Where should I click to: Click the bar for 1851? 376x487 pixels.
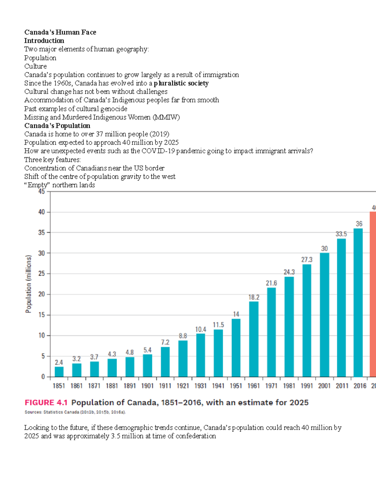point(59,372)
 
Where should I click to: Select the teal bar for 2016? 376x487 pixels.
point(358,303)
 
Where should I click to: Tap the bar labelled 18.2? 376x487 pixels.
point(254,339)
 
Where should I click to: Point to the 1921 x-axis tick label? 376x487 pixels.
point(183,386)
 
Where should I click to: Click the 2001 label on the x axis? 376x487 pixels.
point(324,386)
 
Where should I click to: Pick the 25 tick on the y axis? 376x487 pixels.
point(42,273)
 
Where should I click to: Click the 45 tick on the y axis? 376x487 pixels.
point(42,191)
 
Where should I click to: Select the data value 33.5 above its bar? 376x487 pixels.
point(341,234)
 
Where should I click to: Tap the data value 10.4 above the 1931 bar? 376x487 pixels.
point(201,329)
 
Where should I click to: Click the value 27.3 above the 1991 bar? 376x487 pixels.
point(307,260)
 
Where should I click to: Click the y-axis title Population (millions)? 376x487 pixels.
point(29,284)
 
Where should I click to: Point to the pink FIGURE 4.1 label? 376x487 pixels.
point(46,403)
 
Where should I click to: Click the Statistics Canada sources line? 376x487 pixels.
point(75,412)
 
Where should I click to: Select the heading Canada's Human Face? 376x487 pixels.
point(60,32)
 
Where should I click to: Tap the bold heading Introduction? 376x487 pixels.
point(44,41)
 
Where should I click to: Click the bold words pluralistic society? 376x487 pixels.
point(181,83)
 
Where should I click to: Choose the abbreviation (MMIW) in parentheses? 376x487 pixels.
point(166,117)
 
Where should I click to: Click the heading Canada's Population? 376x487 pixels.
point(57,126)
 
